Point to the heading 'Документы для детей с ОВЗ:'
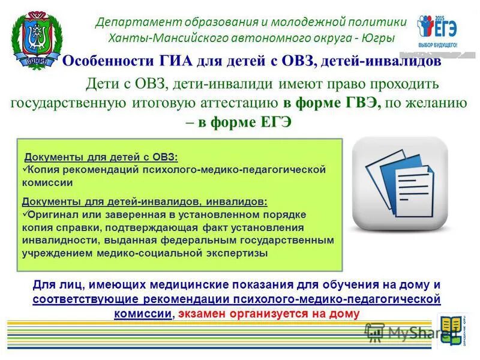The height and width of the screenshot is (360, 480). click(101, 157)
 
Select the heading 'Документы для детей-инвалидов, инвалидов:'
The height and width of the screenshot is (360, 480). click(145, 202)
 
